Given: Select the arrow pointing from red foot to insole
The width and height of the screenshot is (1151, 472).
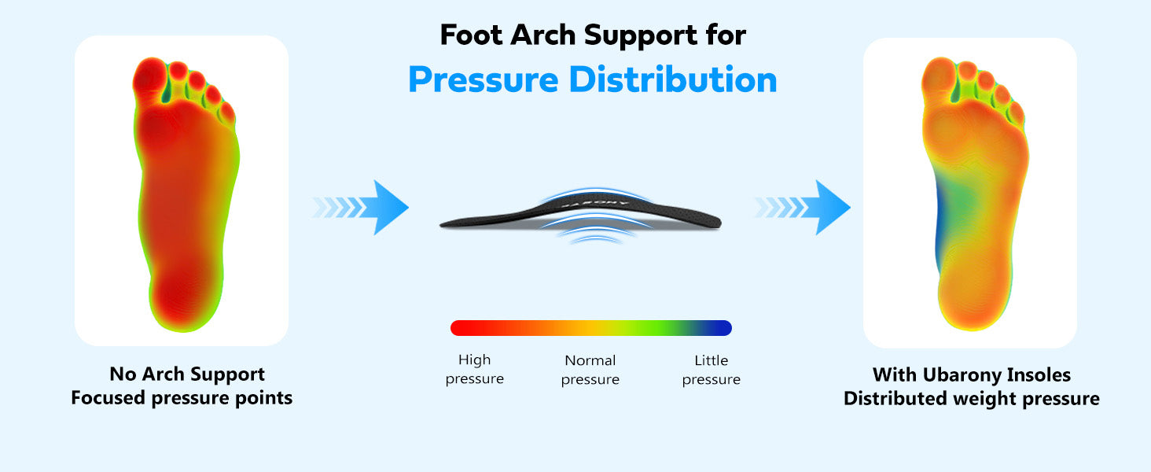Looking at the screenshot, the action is point(361,207).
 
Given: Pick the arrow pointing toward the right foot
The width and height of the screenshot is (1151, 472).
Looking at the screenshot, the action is point(803,207).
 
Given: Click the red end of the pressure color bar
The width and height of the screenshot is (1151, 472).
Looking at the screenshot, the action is point(458,328).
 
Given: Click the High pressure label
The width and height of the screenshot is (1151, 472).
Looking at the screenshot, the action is point(474,369).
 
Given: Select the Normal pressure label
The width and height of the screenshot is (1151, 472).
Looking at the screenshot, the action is point(590,370).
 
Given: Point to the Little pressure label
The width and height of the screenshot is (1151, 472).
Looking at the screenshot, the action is point(712,370).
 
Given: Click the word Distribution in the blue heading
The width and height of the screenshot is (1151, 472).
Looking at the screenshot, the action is point(673,79).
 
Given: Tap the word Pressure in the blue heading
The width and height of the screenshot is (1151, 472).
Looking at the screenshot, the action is point(483,81).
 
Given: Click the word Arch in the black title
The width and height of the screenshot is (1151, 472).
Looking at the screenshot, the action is point(543,35).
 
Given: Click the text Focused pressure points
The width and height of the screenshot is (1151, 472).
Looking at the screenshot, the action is point(182,398).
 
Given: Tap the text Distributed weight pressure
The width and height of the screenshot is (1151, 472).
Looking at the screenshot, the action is point(971,399).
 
